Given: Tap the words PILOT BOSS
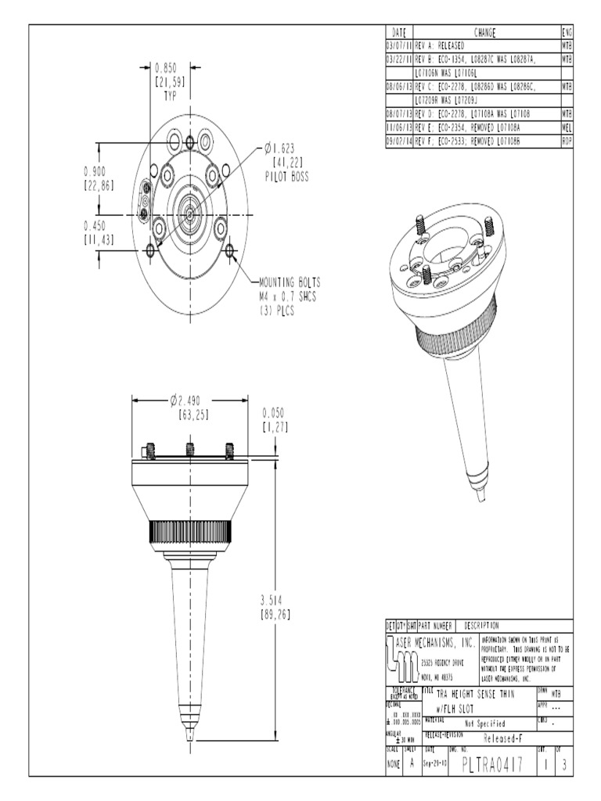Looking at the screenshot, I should point(286,177).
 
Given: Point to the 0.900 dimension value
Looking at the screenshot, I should point(99,171).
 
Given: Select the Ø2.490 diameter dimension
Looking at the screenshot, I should point(190,400).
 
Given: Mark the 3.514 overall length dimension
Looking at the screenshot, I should point(275,600).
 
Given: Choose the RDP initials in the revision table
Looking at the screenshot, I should point(567,140).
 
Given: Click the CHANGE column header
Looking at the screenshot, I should point(485,32).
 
